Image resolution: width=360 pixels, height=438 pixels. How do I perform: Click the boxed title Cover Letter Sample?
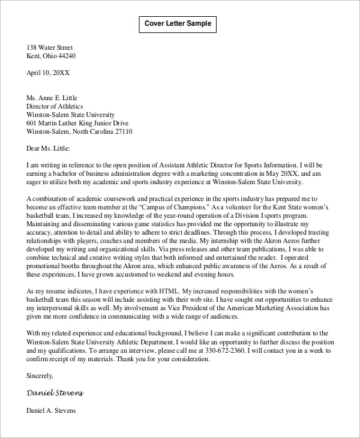(178, 24)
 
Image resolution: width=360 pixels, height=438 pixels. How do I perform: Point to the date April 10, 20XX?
(48, 73)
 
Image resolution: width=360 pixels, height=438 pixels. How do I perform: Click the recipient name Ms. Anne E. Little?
(52, 98)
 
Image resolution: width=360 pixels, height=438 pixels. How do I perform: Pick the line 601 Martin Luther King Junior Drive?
(80, 123)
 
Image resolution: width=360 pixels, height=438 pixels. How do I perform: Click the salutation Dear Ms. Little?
(48, 148)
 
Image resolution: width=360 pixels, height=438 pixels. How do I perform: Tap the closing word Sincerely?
(40, 376)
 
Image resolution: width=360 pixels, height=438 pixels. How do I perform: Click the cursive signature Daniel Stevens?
(55, 393)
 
